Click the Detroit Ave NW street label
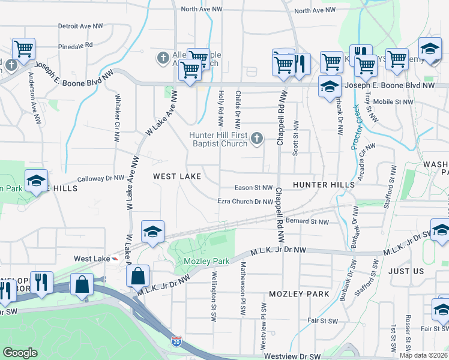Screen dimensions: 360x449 pos(80,26)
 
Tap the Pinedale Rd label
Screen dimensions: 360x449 pos(76,46)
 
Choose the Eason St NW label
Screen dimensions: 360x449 pos(254,188)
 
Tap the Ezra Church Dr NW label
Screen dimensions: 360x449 pos(246,202)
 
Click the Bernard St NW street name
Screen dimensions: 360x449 pos(307,222)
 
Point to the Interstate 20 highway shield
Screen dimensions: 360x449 pos(176,341)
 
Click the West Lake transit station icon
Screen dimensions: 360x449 pos(115,258)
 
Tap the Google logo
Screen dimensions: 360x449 pos(20,353)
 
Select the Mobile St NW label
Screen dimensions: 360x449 pos(393,101)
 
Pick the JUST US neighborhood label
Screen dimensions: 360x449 pos(406,271)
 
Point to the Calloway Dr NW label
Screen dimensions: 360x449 pos(102,178)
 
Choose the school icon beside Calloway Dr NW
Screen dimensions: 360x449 pos(36,180)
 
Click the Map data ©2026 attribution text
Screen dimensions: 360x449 pos(423,355)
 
